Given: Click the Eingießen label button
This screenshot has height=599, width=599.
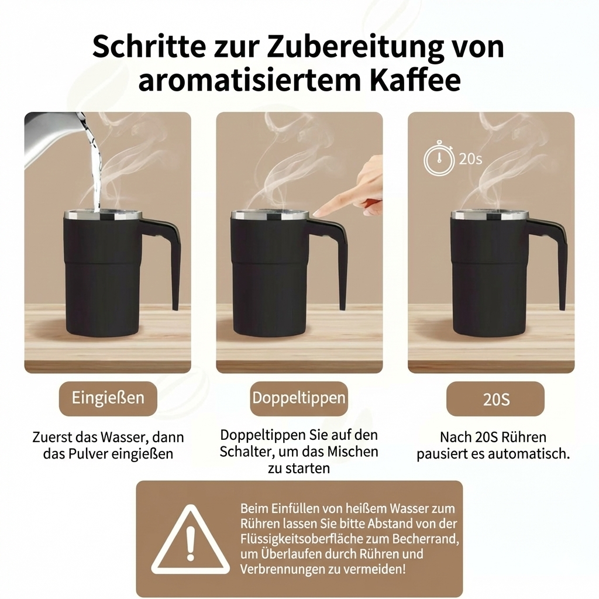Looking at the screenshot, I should click(x=108, y=398).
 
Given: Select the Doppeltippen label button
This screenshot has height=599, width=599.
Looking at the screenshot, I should click(x=299, y=398).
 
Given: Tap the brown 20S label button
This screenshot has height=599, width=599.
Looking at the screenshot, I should click(x=495, y=400).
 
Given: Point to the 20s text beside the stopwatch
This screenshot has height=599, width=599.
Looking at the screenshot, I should click(x=470, y=159).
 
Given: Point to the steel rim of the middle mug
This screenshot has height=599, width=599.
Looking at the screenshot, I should click(x=269, y=215).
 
